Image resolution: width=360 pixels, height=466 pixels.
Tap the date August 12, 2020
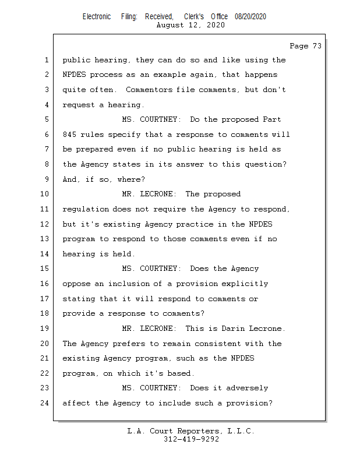[190, 25]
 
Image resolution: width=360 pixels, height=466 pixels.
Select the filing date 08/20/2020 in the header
[250, 16]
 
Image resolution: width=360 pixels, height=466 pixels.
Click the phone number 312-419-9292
[191, 439]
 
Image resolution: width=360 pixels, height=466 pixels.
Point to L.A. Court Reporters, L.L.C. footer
[190, 431]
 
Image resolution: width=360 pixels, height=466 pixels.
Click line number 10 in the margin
[45, 194]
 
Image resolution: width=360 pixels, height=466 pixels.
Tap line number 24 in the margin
[45, 403]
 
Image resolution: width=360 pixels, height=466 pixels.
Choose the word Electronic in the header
[97, 16]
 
